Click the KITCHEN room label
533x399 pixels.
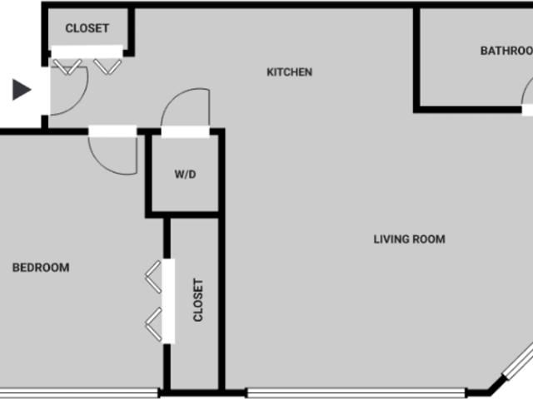(289, 72)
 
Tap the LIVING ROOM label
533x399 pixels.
(409, 239)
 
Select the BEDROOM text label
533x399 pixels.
(41, 268)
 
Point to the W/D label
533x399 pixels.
(185, 175)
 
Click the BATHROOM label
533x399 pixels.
(506, 51)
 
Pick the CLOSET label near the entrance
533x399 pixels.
(87, 28)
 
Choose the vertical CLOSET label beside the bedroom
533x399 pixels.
(198, 300)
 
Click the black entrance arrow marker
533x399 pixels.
(22, 90)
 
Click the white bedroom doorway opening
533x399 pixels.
(112, 131)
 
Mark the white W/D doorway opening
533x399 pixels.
(185, 132)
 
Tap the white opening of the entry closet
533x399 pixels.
(87, 52)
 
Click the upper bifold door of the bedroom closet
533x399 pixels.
(153, 277)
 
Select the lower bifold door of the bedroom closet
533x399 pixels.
(153, 324)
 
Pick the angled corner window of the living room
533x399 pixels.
(518, 362)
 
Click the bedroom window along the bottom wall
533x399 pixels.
(79, 393)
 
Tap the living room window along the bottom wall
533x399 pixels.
(356, 393)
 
